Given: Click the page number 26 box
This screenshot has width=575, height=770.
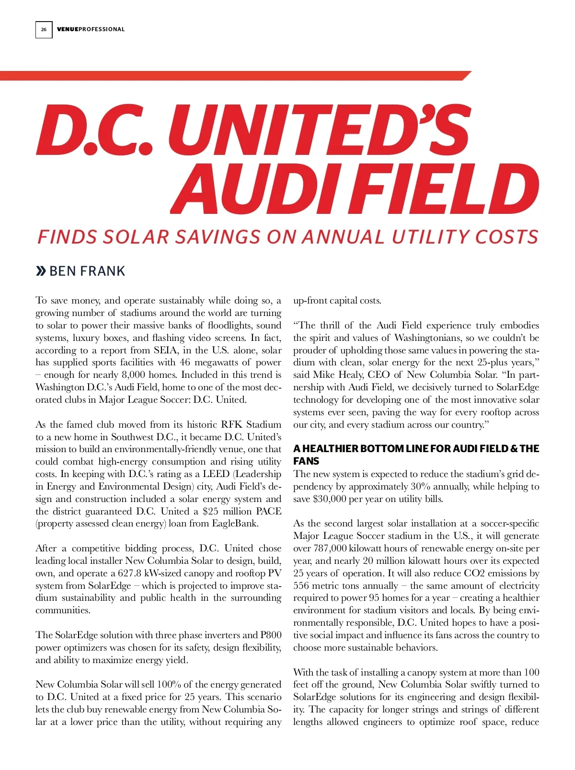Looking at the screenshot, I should click(44, 29).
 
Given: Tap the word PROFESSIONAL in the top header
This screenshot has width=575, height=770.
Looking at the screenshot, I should click(102, 29).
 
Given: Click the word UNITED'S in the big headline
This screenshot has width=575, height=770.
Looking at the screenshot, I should click(319, 131).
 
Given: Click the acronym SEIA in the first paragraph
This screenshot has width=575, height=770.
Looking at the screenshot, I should click(165, 350).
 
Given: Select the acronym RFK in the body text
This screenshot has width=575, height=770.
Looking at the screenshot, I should click(231, 425).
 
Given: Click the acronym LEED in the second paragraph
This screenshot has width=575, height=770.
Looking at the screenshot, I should click(216, 474).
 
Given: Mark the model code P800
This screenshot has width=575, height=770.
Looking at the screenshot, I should click(271, 635).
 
